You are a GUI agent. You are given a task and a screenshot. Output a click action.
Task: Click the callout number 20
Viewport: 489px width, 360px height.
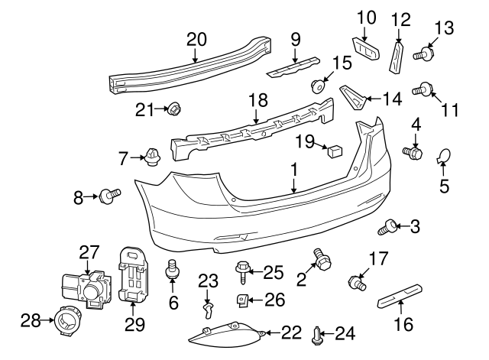[x=196, y=39]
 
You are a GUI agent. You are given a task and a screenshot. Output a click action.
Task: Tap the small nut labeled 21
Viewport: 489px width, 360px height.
[x=173, y=109]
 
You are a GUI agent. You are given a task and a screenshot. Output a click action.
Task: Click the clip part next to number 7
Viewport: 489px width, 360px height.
[x=153, y=159]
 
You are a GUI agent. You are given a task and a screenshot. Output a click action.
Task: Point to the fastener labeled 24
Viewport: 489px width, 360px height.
[x=318, y=332]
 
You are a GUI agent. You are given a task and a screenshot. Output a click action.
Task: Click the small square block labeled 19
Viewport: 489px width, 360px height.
[x=333, y=150]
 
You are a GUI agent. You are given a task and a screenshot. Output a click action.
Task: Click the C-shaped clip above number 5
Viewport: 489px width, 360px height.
[x=443, y=159]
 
